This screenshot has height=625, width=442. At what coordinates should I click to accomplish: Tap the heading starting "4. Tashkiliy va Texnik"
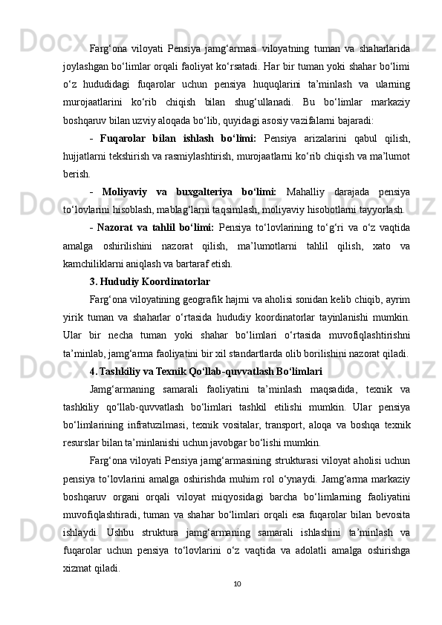click(x=205, y=350)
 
